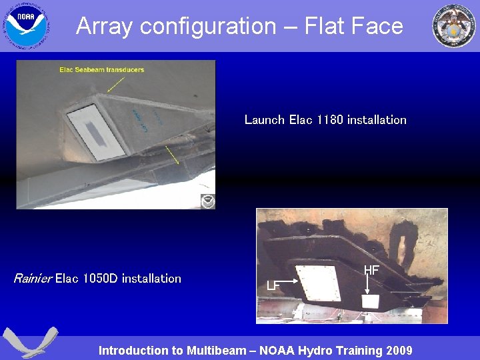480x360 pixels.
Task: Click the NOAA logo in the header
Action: coord(26,25)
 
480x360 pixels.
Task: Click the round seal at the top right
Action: coord(454,25)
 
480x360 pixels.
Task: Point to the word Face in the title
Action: coord(379,26)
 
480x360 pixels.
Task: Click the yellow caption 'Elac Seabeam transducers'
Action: coord(101,69)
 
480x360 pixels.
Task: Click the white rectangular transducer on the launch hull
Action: coord(98,133)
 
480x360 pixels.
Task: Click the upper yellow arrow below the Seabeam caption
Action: coord(115,83)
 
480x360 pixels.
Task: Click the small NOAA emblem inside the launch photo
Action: coord(208,201)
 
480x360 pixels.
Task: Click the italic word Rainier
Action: coord(32,279)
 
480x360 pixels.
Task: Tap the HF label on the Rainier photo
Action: coord(371,270)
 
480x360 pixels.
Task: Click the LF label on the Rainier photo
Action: coord(273,285)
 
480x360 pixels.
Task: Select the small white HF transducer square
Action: coord(370,301)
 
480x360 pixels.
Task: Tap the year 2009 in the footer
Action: coord(398,351)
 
